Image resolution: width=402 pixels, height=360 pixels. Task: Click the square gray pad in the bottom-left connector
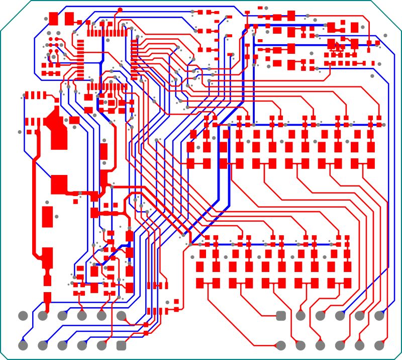(121, 345)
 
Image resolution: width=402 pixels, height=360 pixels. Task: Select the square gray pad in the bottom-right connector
(281, 316)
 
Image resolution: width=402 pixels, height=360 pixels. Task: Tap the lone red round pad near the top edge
(120, 10)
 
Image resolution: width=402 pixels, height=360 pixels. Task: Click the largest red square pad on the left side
(59, 184)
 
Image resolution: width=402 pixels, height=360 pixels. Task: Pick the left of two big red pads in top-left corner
(54, 19)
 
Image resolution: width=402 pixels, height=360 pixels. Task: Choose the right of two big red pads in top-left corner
(69, 19)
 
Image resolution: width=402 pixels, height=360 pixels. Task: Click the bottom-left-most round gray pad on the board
(23, 345)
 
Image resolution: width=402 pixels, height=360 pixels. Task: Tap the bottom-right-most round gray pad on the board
(379, 345)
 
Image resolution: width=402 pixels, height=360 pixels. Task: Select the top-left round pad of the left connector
(23, 316)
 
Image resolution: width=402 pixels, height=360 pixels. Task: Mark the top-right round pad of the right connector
(379, 316)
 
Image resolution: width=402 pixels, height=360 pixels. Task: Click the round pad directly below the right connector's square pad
(281, 345)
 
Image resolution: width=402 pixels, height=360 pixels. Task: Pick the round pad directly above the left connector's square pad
(121, 316)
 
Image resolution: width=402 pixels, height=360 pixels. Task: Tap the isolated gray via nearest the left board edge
(20, 132)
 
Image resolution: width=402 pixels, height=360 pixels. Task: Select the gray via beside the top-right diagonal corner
(385, 35)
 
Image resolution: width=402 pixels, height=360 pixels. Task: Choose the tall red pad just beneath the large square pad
(48, 217)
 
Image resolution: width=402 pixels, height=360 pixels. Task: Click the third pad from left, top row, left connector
(62, 316)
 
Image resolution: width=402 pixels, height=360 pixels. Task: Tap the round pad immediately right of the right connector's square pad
(300, 316)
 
